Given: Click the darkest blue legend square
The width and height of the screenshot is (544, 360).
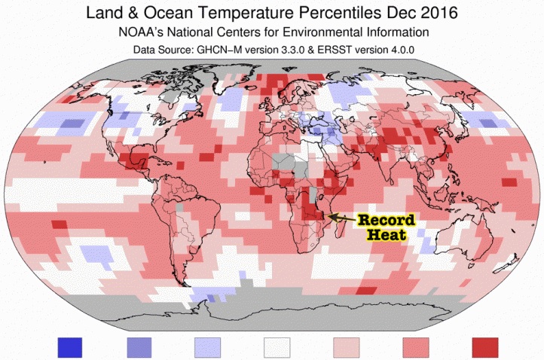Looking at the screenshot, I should tap(73, 347).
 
